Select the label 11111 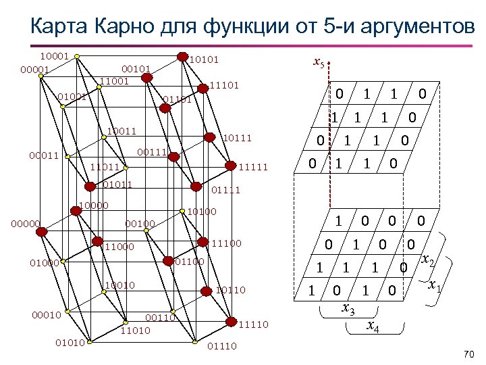click(x=254, y=167)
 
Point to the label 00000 click(x=27, y=223)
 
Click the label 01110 click(x=223, y=347)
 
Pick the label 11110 click(x=254, y=324)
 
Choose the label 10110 click(x=231, y=290)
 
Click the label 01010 click(x=70, y=342)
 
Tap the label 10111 click(x=238, y=139)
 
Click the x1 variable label click(x=436, y=287)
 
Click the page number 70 click(x=470, y=354)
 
